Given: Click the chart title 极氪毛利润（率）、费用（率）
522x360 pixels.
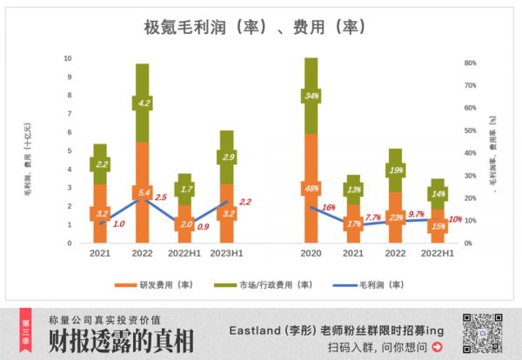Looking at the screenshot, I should tap(255, 27).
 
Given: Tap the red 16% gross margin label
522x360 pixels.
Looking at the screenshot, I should tap(329, 208).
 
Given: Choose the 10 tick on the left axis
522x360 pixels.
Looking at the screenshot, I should tap(68, 58).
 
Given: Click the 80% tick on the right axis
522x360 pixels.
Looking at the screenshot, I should tap(470, 63).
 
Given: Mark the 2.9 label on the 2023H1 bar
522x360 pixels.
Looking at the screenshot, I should tap(227, 157).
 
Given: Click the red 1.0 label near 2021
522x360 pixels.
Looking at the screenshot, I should tap(119, 223).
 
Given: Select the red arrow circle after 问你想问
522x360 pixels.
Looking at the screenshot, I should tap(437, 347).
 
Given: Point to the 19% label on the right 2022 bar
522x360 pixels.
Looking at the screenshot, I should tap(396, 170).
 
